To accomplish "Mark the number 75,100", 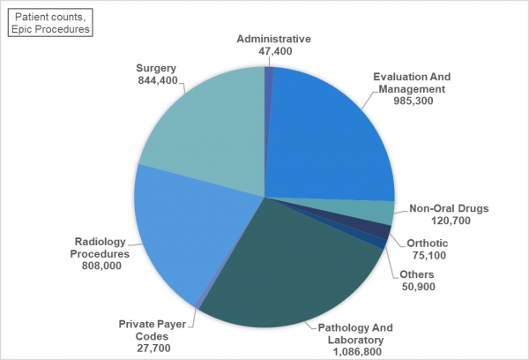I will pos(427,256).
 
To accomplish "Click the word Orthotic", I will pos(427,244).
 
